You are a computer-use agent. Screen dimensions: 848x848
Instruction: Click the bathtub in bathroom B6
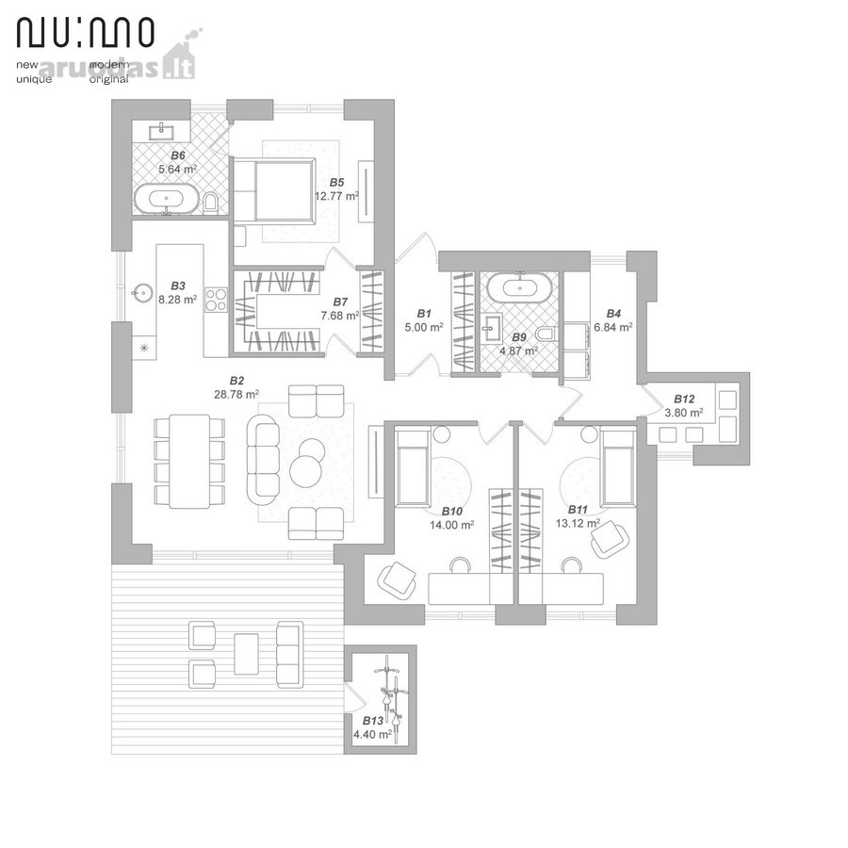167,199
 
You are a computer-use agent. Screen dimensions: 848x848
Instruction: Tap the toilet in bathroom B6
211,202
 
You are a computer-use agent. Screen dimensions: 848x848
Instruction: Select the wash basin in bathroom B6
161,131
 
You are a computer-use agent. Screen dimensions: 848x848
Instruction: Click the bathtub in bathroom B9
519,287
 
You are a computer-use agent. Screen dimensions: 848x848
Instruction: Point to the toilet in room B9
546,334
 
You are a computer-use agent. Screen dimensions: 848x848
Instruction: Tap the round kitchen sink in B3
142,293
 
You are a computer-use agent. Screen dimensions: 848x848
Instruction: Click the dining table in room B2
189,462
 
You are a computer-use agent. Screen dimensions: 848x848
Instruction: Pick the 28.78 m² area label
236,395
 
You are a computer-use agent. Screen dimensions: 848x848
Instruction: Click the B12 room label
684,400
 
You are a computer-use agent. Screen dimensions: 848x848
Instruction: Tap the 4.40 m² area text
372,734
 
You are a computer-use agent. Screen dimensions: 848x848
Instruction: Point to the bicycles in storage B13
392,699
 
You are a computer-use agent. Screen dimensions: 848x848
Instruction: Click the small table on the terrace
246,654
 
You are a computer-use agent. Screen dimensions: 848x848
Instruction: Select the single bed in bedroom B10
414,465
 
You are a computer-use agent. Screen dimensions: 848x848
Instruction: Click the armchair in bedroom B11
610,538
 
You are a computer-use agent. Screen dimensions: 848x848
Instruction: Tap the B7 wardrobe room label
340,302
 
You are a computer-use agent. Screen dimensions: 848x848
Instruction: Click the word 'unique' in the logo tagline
34,79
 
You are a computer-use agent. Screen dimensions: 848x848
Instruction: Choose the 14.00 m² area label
452,525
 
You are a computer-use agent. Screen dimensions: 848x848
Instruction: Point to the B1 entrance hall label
424,314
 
